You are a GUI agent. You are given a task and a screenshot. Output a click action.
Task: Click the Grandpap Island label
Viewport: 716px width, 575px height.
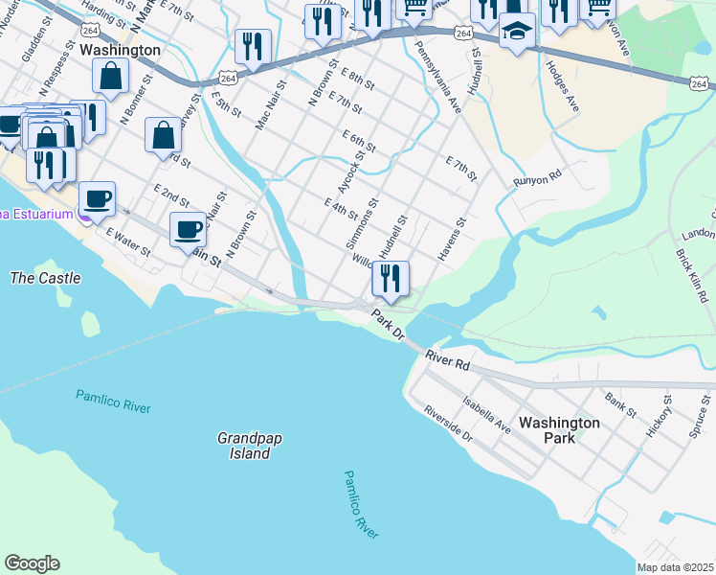point(243,446)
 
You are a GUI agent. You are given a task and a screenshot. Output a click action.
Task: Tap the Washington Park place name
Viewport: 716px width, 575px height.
point(559,429)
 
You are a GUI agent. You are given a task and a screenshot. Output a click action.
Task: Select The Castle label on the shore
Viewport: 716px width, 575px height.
point(44,278)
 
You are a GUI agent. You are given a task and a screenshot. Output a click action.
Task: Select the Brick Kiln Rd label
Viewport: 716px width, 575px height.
point(692,277)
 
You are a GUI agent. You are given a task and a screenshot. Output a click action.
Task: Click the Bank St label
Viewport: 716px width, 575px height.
point(620,402)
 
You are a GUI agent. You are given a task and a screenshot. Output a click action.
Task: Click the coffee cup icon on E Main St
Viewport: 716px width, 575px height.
point(188,229)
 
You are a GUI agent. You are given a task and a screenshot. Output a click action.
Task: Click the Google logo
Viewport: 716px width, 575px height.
point(32,563)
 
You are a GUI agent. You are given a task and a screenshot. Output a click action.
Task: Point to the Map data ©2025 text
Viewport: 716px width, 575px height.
point(675,567)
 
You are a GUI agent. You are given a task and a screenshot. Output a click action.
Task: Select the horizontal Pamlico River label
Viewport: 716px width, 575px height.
point(112,401)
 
